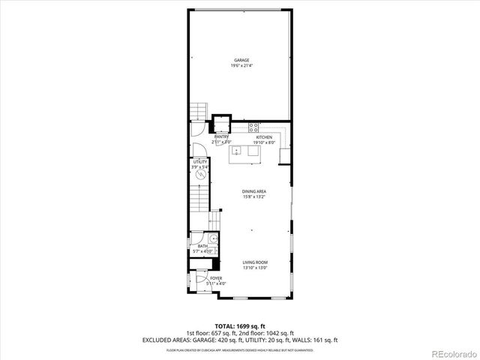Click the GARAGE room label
pyautogui.click(x=241, y=60)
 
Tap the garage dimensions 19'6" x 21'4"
pyautogui.click(x=241, y=65)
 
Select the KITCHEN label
pyautogui.click(x=265, y=137)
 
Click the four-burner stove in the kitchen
pyautogui.click(x=254, y=126)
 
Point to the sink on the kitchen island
pyautogui.click(x=237, y=151)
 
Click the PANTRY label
pyautogui.click(x=221, y=136)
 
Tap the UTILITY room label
pyautogui.click(x=199, y=161)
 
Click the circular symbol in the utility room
pyautogui.click(x=200, y=174)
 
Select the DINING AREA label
pyautogui.click(x=254, y=192)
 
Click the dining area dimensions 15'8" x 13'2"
pyautogui.click(x=254, y=197)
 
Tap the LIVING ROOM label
pyautogui.click(x=255, y=262)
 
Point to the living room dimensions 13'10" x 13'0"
pyautogui.click(x=255, y=268)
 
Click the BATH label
pyautogui.click(x=202, y=245)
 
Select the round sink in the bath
pyautogui.click(x=213, y=240)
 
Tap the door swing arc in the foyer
pyautogui.click(x=202, y=282)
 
